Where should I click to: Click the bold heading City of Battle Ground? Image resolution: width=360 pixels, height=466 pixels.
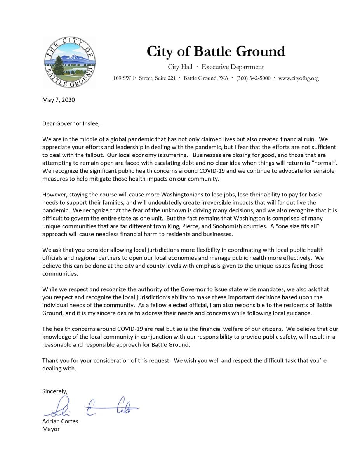(216, 51)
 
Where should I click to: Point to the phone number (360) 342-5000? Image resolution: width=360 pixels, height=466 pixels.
(253, 78)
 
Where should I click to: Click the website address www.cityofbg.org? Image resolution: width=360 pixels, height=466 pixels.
(299, 78)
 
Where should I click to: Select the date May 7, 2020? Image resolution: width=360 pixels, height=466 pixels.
(59, 100)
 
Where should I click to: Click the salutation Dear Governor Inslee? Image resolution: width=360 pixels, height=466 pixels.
(71, 124)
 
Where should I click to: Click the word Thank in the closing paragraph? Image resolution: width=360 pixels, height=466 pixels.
(50, 360)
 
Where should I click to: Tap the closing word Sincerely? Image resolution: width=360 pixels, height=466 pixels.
(55, 391)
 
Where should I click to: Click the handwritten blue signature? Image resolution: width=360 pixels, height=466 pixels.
(92, 407)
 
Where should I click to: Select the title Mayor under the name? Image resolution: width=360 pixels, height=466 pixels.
(51, 429)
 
